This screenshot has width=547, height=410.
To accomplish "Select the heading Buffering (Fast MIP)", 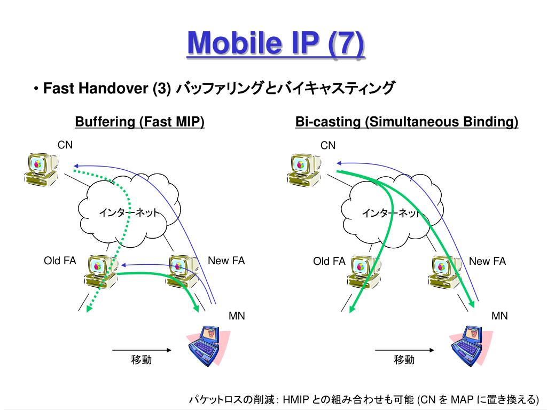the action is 140,122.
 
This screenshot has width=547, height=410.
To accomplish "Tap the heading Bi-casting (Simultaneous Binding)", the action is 407,122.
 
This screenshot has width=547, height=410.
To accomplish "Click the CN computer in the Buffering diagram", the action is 41,168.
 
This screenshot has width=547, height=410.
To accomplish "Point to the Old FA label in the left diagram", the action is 60,261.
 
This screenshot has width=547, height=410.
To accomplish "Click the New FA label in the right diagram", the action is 487,261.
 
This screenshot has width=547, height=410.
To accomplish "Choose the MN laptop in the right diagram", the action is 471,345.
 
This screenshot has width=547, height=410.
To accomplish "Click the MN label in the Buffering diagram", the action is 237,316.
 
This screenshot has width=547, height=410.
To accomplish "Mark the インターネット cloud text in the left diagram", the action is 128,213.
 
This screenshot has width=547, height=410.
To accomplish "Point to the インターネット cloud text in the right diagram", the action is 391,213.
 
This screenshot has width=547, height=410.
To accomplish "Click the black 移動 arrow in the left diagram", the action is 142,350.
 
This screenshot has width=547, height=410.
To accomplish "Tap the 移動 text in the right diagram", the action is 404,360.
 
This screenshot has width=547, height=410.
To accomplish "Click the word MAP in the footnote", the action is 462,400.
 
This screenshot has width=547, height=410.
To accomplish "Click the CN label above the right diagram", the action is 328,145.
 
